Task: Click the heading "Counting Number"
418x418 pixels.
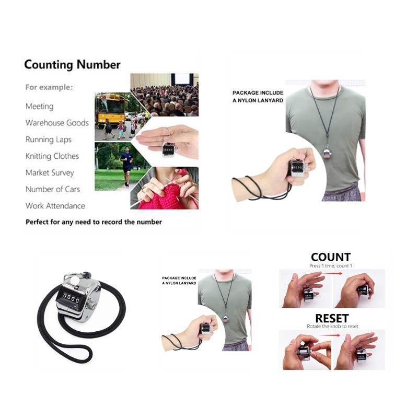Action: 72,65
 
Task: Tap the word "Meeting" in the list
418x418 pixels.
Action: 40,107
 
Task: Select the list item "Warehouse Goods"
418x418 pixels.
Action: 57,123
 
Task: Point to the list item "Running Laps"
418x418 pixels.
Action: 49,140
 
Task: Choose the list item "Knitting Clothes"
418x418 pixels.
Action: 52,156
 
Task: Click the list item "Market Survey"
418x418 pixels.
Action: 50,173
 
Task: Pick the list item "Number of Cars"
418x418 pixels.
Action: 53,189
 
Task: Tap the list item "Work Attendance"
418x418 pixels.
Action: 55,206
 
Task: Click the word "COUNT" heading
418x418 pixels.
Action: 331,257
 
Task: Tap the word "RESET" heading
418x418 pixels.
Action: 332,318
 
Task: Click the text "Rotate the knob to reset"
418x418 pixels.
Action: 332,326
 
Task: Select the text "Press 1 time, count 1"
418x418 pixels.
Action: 331,266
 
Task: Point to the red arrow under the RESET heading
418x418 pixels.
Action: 330,335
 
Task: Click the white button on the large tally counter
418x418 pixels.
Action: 75,280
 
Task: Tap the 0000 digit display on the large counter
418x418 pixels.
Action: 71,298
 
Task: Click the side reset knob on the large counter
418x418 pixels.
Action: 92,304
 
